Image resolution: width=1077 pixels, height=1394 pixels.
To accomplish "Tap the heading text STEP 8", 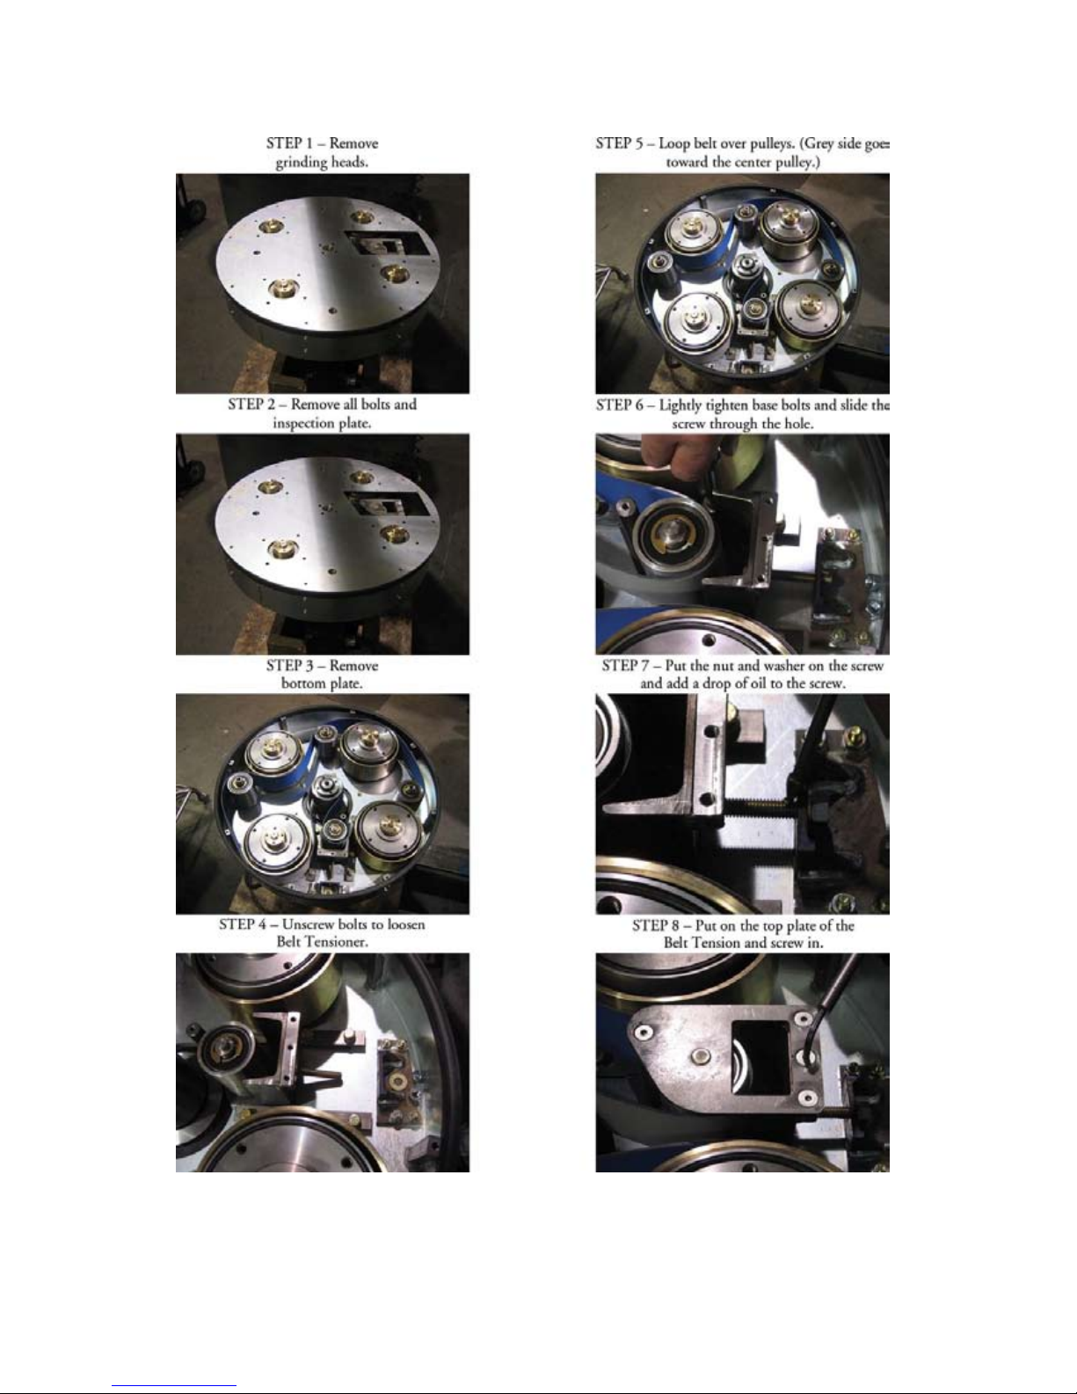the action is click(655, 926).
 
